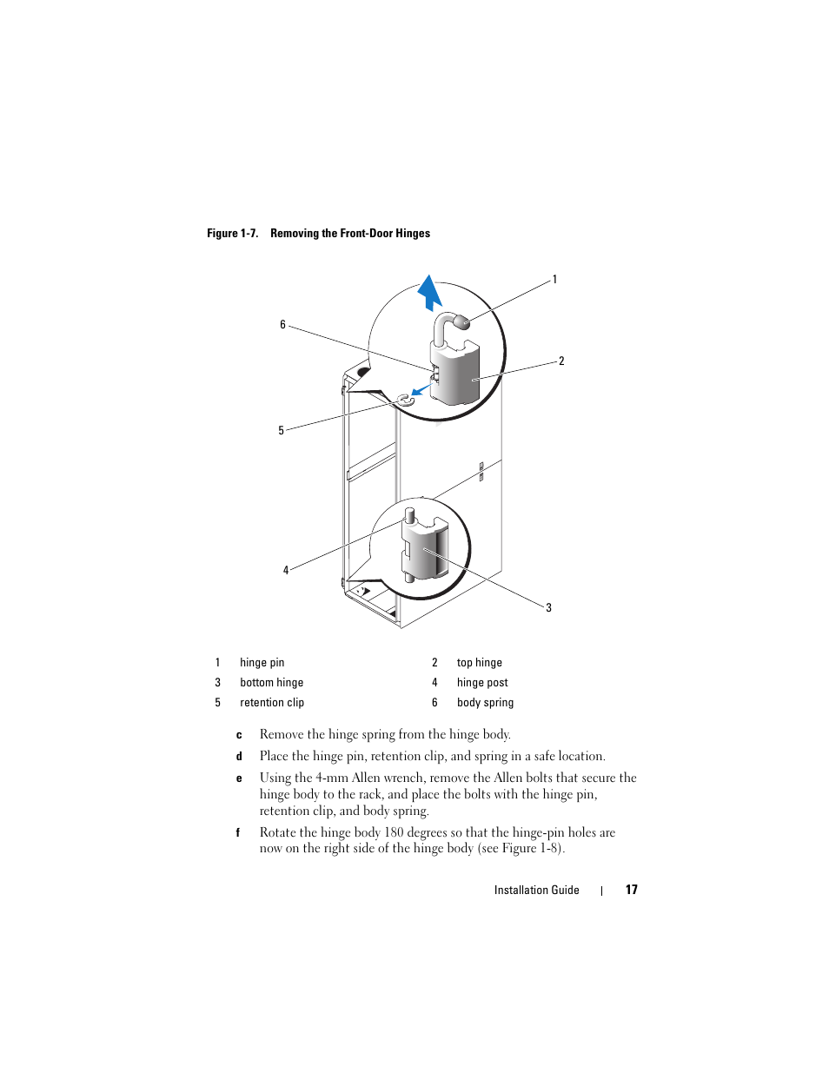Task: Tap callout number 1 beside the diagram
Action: tap(554, 280)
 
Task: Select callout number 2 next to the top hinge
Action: tap(561, 361)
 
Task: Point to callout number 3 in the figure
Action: tap(548, 607)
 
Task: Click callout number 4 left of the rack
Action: tap(286, 570)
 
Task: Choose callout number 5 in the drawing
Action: tap(281, 430)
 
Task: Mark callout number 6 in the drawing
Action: tap(282, 325)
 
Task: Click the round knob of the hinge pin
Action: tap(462, 322)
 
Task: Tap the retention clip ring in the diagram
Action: tap(405, 400)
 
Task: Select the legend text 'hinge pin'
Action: tap(262, 663)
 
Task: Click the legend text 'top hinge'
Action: tap(479, 663)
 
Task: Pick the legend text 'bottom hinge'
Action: tap(271, 683)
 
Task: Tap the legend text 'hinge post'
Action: tap(482, 683)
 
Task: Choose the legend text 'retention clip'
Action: tap(271, 703)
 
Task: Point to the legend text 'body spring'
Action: tap(485, 703)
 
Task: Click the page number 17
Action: tap(632, 890)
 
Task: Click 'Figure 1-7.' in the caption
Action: tap(232, 233)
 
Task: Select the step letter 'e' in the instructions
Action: tap(239, 778)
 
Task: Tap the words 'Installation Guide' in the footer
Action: tap(536, 890)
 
